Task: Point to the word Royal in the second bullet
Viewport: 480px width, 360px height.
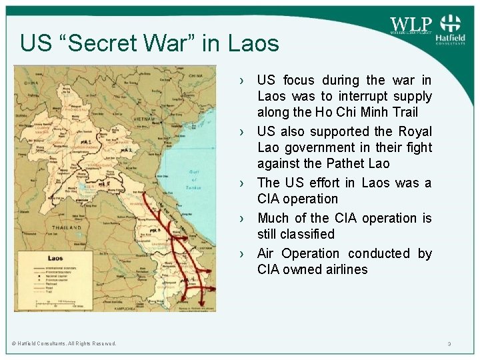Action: point(415,131)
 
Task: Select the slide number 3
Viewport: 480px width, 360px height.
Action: point(449,344)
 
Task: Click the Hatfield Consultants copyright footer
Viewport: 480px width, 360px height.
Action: point(64,343)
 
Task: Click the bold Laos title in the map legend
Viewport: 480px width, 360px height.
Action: point(55,258)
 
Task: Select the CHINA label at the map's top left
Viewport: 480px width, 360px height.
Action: point(30,83)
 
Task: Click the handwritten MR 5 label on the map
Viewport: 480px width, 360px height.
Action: point(103,183)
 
